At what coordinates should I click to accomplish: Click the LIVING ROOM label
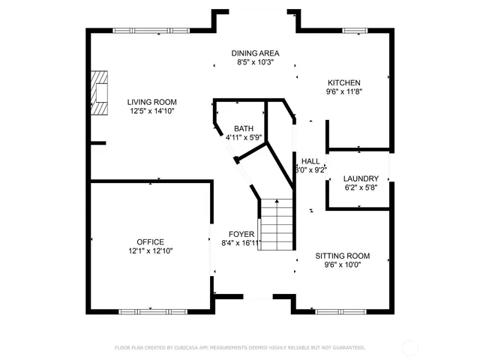[151, 102]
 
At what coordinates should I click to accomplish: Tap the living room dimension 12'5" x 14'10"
[151, 112]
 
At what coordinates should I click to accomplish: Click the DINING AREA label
[255, 53]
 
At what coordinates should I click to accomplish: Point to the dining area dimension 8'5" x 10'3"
[255, 63]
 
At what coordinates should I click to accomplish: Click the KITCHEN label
[343, 82]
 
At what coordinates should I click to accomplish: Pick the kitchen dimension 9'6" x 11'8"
[343, 92]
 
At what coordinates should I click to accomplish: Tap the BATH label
[243, 128]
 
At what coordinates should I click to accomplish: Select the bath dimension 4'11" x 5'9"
[243, 138]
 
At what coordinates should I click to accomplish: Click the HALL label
[310, 161]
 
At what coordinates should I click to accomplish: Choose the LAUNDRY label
[361, 178]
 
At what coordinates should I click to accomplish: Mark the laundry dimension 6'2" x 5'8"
[361, 188]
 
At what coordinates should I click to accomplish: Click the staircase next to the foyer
[274, 224]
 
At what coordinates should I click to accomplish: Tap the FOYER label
[241, 234]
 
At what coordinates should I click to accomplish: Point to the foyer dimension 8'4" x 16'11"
[241, 243]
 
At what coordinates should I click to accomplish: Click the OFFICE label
[150, 241]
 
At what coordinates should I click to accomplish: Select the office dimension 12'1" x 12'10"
[150, 251]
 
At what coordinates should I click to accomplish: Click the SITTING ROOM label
[342, 256]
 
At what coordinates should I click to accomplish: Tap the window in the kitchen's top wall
[355, 30]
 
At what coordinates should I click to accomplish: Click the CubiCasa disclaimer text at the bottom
[239, 348]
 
